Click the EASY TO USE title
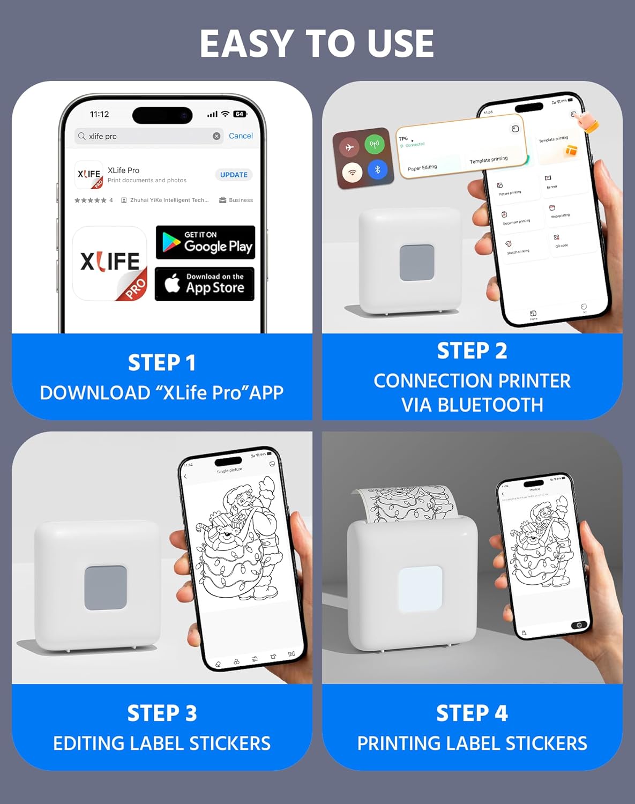317,43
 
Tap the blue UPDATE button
234,175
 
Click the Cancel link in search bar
241,136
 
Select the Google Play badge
205,243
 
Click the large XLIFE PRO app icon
110,263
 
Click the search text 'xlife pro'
103,137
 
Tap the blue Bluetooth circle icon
377,170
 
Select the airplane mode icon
349,147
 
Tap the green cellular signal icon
374,144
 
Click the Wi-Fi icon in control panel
352,173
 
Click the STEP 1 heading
162,363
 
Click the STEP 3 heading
162,713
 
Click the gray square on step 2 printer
416,263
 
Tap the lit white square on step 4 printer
420,589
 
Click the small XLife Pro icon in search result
89,175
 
